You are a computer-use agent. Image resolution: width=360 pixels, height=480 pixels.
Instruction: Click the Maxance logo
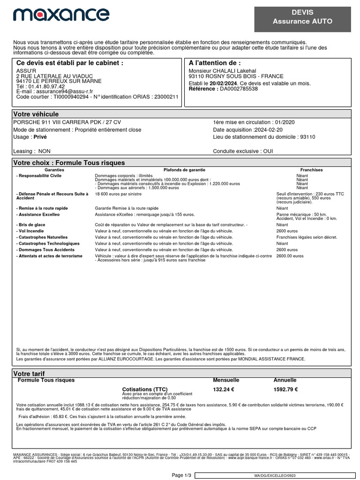(x=61, y=15)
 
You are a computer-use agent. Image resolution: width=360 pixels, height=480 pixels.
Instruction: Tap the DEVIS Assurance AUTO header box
(x=302, y=17)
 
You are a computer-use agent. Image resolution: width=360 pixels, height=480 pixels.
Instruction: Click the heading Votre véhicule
(x=36, y=114)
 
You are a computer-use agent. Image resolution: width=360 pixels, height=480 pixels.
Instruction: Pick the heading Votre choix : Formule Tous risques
(x=69, y=163)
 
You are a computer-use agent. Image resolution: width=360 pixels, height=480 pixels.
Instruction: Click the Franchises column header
(x=311, y=170)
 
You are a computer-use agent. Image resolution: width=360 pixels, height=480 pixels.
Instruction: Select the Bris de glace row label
(x=31, y=225)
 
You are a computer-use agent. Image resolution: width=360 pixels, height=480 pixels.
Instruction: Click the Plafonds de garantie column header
(x=184, y=170)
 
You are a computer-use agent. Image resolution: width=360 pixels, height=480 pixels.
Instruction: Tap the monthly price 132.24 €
(x=224, y=389)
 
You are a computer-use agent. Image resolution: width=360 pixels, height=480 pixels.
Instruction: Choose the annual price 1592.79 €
(x=285, y=389)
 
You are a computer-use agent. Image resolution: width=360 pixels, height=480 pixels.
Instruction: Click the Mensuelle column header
(x=226, y=380)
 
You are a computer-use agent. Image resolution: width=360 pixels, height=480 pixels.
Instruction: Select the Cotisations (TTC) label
(x=144, y=390)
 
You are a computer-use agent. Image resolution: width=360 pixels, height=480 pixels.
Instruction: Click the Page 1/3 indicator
(x=182, y=475)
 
